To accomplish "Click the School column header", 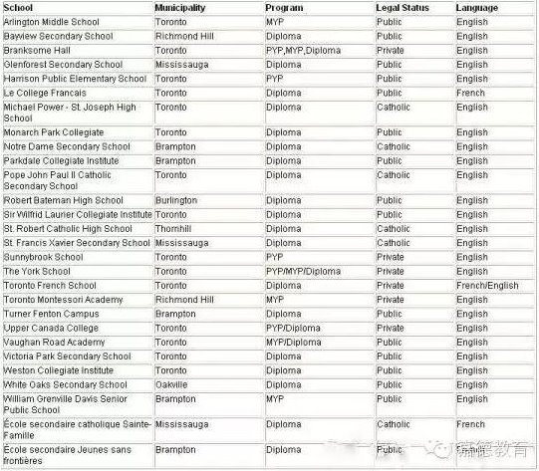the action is (19, 8).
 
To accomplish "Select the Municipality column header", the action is (180, 8).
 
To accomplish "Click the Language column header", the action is (477, 8).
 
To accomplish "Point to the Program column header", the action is (285, 8).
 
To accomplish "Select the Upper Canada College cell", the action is (51, 328).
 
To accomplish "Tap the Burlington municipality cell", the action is (176, 200).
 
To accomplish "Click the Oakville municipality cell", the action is (171, 384).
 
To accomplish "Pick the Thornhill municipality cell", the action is (174, 228).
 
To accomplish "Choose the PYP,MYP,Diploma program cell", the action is (303, 50).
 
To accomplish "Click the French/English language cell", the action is (487, 286).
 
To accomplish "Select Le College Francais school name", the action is (48, 93).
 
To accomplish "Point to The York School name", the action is (37, 271).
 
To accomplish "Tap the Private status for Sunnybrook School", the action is (390, 257).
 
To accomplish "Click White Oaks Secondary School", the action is (65, 384).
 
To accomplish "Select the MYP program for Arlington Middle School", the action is (275, 21).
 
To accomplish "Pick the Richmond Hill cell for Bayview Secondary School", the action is (184, 36).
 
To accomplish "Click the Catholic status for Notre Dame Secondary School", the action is (393, 146).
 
